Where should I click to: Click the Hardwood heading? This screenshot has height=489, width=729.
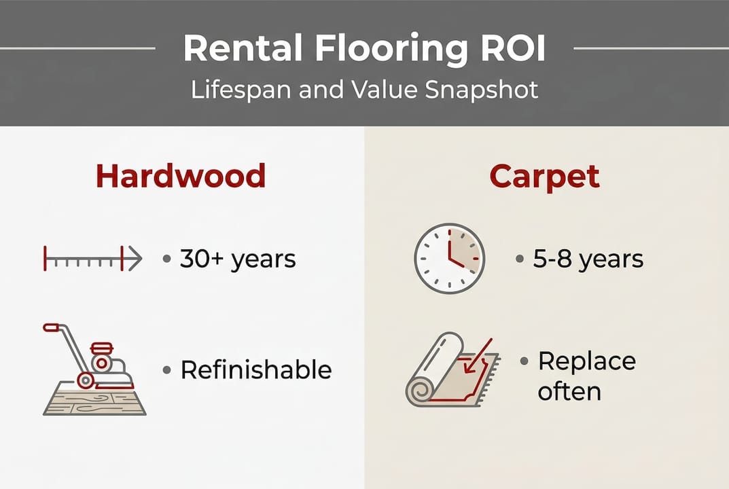180,176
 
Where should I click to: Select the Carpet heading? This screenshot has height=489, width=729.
545,176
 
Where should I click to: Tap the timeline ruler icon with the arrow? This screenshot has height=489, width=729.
92,259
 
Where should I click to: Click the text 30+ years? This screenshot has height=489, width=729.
238,259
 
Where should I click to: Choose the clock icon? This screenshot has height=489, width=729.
449,259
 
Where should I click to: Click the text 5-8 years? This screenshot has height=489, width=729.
588,259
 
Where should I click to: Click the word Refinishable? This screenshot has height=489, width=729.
255,370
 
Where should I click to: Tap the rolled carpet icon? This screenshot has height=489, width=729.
451,370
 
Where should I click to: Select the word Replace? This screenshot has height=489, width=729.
586,361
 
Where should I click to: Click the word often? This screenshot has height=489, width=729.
569,391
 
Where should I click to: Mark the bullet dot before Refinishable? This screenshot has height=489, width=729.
166,370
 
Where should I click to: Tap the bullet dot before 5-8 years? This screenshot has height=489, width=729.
520,259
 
